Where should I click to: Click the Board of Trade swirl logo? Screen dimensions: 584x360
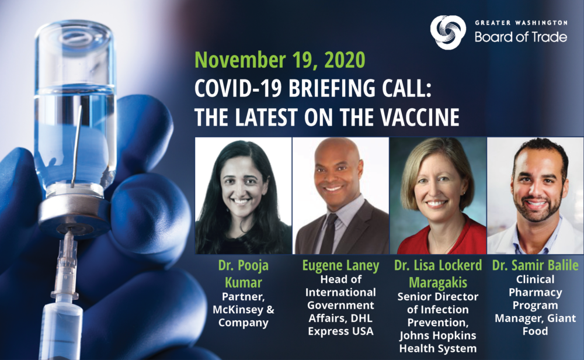448,32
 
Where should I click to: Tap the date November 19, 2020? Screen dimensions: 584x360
280,60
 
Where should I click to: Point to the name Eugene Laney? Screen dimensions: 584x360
340,266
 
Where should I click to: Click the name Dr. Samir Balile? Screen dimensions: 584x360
535,265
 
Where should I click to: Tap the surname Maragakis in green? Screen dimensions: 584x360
438,282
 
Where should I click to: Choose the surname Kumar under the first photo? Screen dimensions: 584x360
243,282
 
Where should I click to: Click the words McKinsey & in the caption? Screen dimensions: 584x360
243,310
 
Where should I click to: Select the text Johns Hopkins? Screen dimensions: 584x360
438,335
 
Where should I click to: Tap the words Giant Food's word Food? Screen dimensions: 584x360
535,331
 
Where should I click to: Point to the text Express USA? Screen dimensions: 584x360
340,331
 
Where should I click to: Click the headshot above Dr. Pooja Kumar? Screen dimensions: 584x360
243,196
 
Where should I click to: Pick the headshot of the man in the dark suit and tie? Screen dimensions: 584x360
340,196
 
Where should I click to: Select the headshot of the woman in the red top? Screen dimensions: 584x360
438,196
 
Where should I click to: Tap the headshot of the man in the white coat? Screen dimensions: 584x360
535,196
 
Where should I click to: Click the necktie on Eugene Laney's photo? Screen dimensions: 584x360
329,234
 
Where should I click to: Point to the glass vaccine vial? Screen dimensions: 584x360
75,112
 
